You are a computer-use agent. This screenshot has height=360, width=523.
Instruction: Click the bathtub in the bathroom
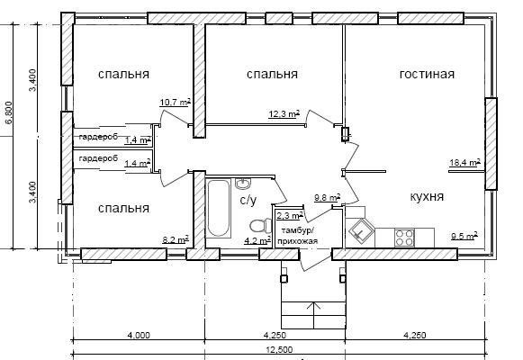coord(219,209)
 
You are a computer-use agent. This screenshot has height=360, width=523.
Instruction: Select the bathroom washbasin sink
coord(243,184)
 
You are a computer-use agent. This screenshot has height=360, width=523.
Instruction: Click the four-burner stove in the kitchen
coord(404,238)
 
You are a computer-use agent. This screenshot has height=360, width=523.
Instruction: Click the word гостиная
coord(427,74)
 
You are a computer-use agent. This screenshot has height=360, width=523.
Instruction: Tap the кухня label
coord(427,197)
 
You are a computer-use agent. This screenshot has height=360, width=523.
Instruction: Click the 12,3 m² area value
coord(284,114)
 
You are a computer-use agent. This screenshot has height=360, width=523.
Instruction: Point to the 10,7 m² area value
coord(176,102)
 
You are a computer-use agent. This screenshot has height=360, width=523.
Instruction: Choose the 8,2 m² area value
coord(176,239)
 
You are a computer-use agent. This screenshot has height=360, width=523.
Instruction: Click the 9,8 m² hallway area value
coord(328,198)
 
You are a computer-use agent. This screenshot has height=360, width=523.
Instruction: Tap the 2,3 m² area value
coord(290,215)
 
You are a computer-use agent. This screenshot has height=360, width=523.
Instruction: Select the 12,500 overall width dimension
coord(280,350)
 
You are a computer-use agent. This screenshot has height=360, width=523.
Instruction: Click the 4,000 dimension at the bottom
coord(139,335)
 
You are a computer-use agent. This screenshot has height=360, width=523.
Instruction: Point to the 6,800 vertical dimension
coord(8,112)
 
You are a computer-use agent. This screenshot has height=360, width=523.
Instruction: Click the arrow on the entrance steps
coord(313,315)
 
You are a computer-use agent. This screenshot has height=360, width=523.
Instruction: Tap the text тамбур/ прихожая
coord(297,236)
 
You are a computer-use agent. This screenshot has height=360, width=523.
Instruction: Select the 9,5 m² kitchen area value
coord(464,237)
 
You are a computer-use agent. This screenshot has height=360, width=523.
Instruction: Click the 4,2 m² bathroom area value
coord(257,240)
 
